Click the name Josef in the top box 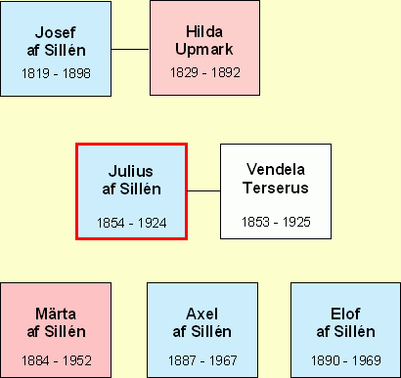(56, 32)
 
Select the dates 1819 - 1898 (56, 73)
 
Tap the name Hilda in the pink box (204, 32)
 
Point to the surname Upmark (204, 50)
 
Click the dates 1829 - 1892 (205, 72)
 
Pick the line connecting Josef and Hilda (130, 50)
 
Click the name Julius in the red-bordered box (131, 171)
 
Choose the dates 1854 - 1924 (132, 223)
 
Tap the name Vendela (276, 169)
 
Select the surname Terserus (276, 188)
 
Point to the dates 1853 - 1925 (276, 222)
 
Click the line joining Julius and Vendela (203, 190)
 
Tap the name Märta (56, 314)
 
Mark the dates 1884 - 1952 (57, 360)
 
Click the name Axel (202, 314)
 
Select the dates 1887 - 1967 (202, 360)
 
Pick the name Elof (345, 314)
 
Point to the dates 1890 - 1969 (346, 360)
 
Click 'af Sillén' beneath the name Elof (345, 331)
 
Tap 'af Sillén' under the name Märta (57, 331)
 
